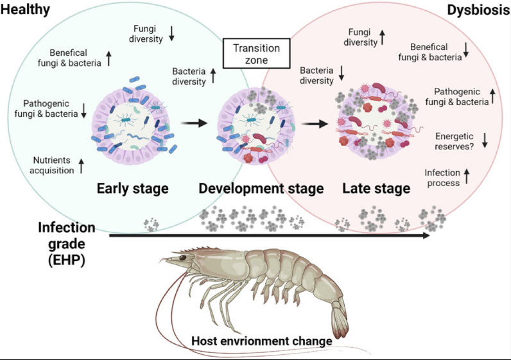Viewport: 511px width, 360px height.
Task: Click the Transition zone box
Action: point(257,53)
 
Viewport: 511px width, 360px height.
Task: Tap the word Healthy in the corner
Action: point(25,10)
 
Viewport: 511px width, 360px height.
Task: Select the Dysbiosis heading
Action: point(478,10)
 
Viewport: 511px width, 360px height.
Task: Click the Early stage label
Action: point(133,188)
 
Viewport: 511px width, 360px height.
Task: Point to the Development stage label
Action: point(261,188)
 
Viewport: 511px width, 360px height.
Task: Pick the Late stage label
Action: point(376,188)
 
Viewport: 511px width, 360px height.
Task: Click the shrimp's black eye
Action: point(182,258)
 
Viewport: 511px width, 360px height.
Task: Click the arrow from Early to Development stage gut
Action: point(195,123)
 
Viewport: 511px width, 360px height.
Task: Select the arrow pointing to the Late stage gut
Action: point(315,124)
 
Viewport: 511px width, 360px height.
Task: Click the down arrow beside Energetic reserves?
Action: point(485,140)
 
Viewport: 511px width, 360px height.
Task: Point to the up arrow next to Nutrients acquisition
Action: point(81,166)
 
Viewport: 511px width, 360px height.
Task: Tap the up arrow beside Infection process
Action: point(467,176)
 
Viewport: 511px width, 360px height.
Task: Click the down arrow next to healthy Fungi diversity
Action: point(171,33)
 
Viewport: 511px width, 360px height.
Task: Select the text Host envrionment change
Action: point(262,341)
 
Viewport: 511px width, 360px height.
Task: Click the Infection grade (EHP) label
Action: point(67,244)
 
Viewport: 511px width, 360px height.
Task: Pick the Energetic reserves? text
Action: point(454,141)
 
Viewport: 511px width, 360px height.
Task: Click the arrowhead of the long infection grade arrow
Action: point(426,236)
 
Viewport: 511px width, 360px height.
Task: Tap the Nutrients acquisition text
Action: point(51,165)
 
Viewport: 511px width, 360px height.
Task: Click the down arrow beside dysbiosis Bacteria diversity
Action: point(342,73)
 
